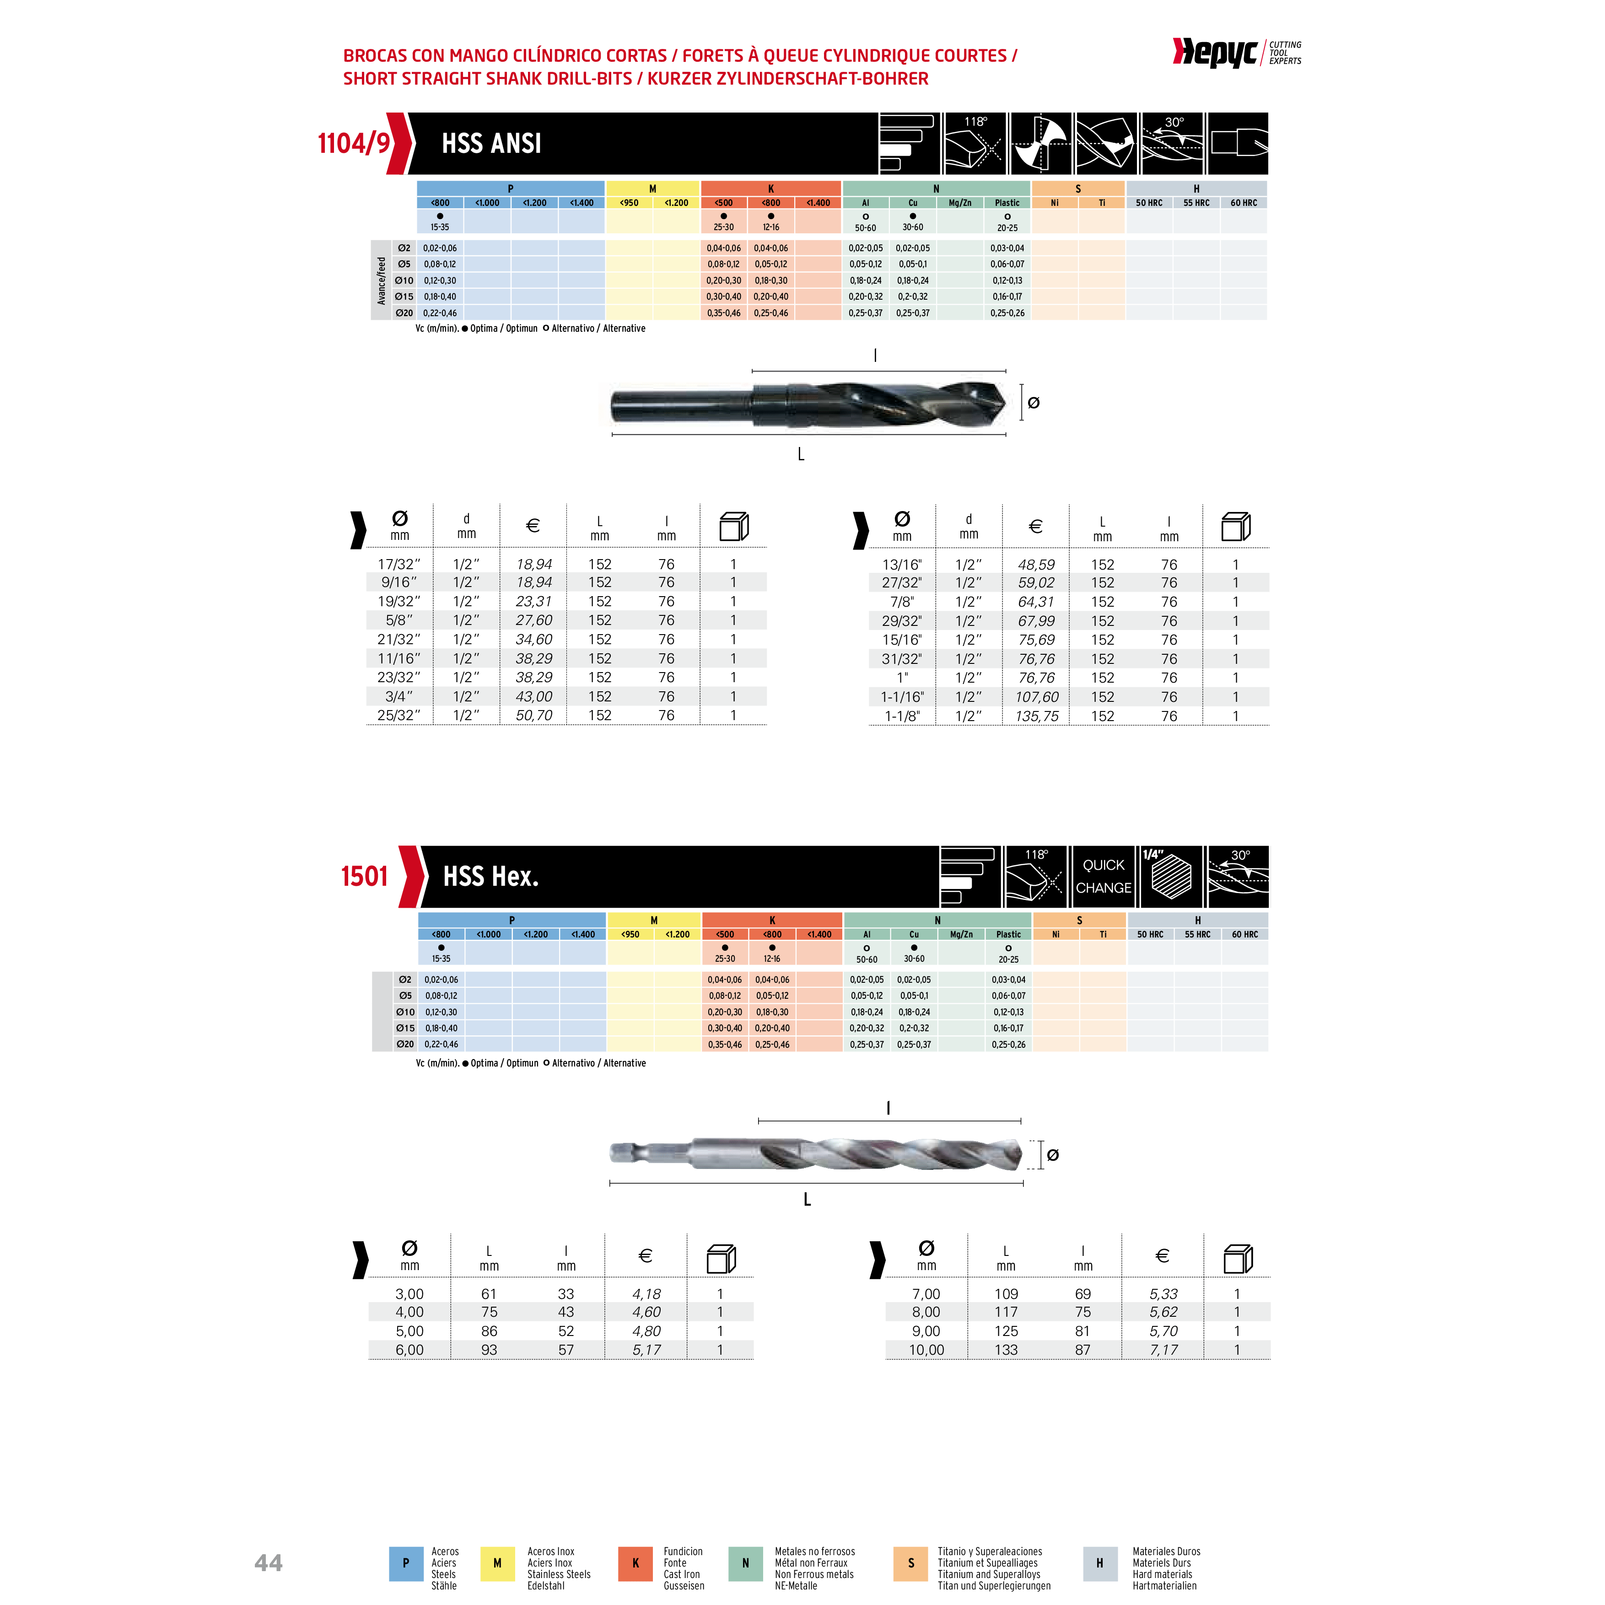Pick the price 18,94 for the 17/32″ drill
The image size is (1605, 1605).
click(534, 564)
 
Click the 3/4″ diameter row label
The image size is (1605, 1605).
click(399, 696)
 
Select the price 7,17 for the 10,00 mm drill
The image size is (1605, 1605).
click(1164, 1350)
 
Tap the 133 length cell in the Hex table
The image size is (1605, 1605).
click(1006, 1350)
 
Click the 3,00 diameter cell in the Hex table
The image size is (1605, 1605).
click(409, 1293)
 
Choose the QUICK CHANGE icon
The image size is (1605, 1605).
click(1103, 877)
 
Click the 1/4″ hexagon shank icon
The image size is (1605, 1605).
click(1171, 877)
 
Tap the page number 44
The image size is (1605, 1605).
click(268, 1563)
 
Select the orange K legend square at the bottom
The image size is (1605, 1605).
click(636, 1563)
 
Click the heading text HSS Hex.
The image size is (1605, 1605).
click(491, 877)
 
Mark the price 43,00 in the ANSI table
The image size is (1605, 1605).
click(534, 696)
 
